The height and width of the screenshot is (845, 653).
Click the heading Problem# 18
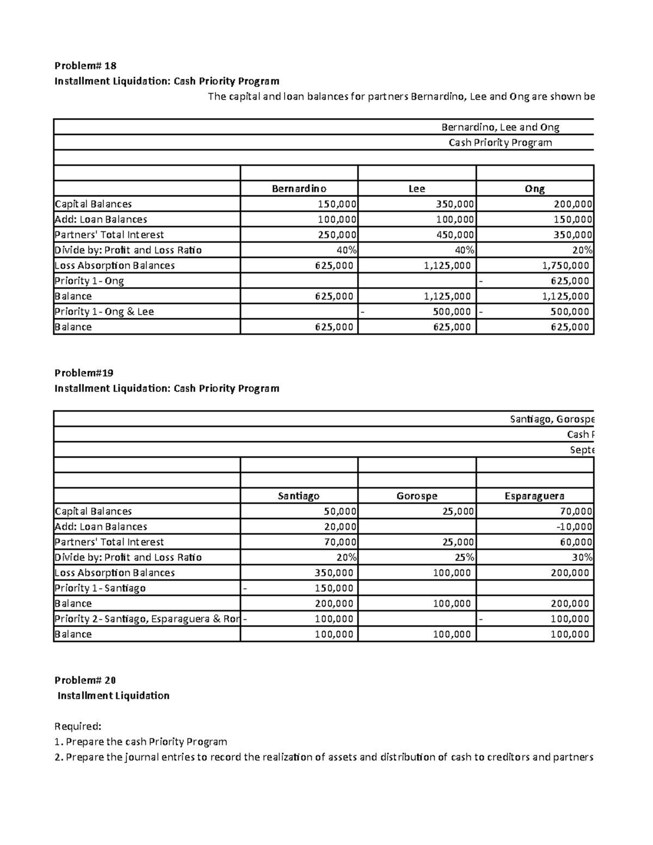(x=85, y=66)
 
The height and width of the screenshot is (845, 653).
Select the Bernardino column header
(x=299, y=189)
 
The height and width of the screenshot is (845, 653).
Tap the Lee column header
(x=416, y=189)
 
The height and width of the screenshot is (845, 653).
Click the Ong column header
(x=534, y=189)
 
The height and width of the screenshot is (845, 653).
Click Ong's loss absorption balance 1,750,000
(x=566, y=266)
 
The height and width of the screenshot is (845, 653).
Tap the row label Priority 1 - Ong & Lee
(x=104, y=312)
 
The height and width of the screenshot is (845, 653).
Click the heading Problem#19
(x=84, y=373)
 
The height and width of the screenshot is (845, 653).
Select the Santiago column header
(x=299, y=496)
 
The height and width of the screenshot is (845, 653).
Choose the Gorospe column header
(x=416, y=496)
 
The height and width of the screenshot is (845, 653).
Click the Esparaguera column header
(x=534, y=496)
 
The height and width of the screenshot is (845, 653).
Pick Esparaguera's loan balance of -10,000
(x=575, y=527)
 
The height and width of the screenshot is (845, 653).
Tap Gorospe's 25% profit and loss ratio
(x=466, y=558)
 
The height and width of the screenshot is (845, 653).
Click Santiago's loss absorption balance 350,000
(x=334, y=573)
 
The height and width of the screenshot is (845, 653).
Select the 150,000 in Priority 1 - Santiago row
(x=334, y=588)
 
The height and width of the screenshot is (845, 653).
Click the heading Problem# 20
(x=85, y=680)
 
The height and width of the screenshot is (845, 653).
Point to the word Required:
(x=78, y=726)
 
